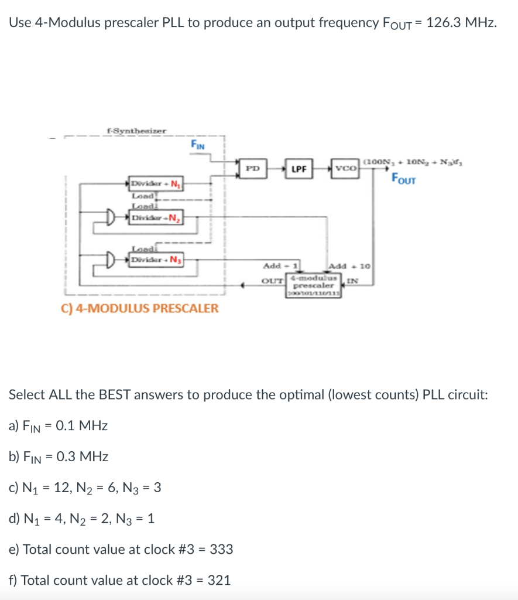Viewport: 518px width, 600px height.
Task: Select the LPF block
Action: [x=299, y=168]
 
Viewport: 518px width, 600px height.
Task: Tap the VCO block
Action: [x=345, y=168]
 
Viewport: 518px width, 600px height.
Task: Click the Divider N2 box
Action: [x=156, y=217]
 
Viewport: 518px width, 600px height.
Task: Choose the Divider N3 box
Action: [x=156, y=259]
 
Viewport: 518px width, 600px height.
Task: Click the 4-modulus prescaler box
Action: [x=315, y=286]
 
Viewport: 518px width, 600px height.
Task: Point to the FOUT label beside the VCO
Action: [x=403, y=179]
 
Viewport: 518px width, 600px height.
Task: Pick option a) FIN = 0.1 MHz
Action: [x=58, y=426]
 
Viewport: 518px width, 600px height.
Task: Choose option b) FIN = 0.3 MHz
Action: [x=59, y=456]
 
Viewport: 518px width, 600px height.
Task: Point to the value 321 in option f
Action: [x=219, y=581]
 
